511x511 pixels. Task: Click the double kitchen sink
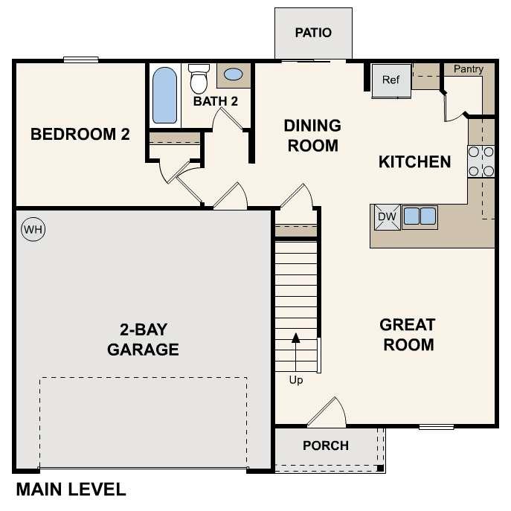pos(420,216)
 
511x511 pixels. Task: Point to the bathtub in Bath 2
pos(164,96)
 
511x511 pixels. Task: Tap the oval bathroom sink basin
pos(233,75)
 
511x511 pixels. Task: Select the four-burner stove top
pos(481,162)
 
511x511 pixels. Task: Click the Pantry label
pos(468,69)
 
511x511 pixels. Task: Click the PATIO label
pos(312,33)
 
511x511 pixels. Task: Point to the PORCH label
pos(326,446)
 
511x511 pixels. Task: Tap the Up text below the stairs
pos(296,380)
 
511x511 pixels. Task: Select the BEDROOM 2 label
pos(80,135)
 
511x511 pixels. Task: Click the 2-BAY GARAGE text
pos(143,339)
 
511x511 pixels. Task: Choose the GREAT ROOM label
pos(407,335)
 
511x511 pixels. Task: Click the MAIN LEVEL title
pos(71,489)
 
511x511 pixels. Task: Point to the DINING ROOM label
pos(312,135)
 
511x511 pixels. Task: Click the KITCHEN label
pos(414,161)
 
